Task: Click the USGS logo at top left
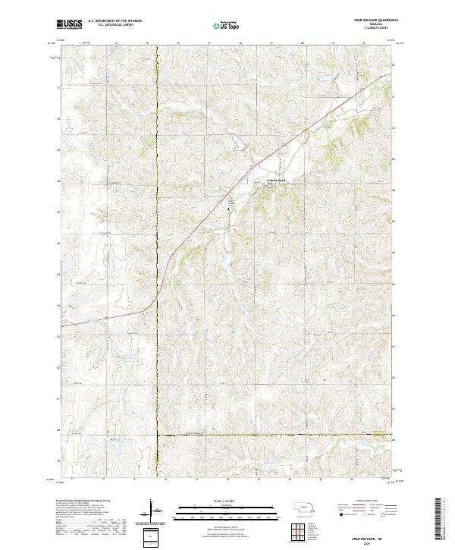tap(69, 24)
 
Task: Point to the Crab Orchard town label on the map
tap(276, 180)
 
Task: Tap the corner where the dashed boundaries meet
tap(157, 435)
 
